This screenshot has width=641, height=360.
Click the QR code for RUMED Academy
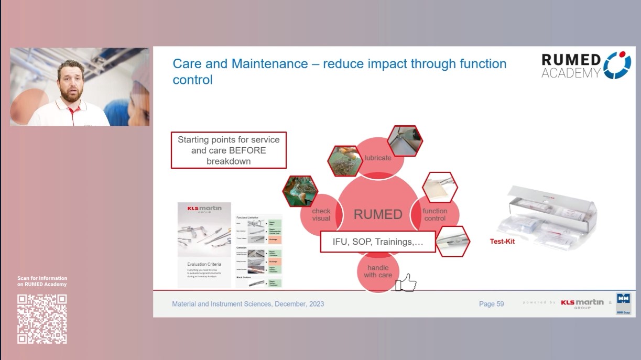tap(42, 319)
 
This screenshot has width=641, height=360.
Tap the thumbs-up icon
tap(406, 283)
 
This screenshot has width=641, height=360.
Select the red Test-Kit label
tap(502, 242)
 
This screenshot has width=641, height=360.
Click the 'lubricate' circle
tap(378, 158)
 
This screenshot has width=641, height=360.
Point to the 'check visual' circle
tap(321, 215)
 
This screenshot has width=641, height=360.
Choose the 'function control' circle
tap(435, 215)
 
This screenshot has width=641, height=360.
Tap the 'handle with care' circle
tap(378, 271)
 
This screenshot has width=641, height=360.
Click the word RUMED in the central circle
tap(378, 214)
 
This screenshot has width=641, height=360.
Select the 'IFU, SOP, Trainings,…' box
tap(378, 242)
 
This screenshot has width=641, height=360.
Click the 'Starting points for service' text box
tap(229, 150)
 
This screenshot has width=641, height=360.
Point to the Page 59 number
tap(491, 304)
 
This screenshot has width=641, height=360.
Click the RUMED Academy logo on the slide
tap(586, 66)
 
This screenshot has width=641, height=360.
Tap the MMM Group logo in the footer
tap(623, 303)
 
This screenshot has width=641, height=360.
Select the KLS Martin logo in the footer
tap(582, 303)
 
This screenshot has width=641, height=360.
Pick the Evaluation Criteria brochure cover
tap(204, 244)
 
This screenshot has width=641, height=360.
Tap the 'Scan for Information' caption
tap(42, 281)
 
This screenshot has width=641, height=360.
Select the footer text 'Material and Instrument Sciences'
tap(222, 304)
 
